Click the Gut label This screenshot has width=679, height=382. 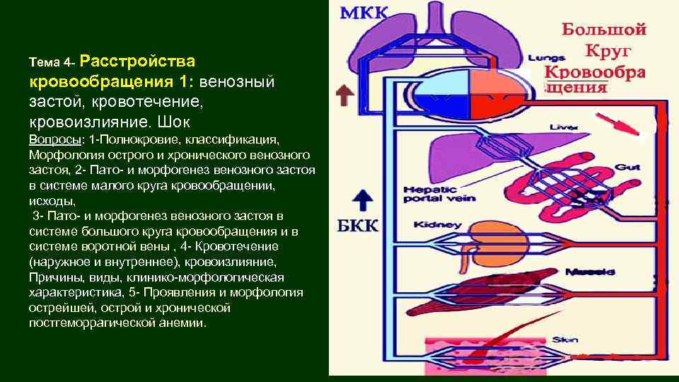(x=628, y=167)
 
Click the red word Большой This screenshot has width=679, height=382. (x=604, y=30)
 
